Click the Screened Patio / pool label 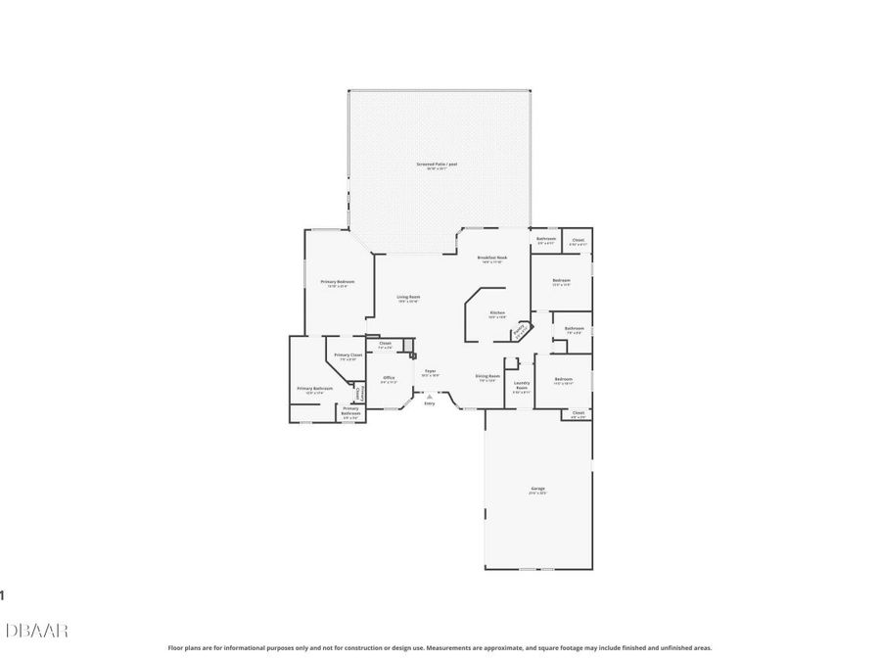point(436,165)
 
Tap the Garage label point(537,489)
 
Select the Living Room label point(408,298)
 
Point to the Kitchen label point(497,313)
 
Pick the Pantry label point(520,330)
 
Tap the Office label point(389,378)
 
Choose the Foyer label point(430,371)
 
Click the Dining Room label point(487,377)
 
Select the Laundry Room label point(522,386)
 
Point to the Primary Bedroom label point(338,282)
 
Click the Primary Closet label point(348,355)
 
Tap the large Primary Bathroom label point(315,389)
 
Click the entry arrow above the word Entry point(429,395)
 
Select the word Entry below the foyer point(429,402)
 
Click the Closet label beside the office point(385,344)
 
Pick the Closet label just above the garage point(578,413)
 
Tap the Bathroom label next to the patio point(546,240)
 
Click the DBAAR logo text point(36,631)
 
